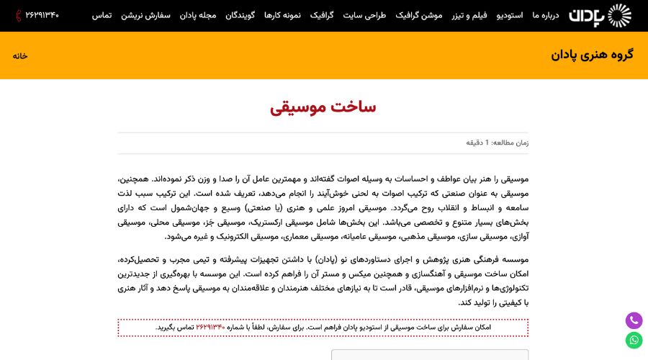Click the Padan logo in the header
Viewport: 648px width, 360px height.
[600, 15]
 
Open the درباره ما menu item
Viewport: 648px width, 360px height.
[546, 15]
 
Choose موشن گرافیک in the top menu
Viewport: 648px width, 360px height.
[419, 15]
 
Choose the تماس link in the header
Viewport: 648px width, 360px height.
[102, 15]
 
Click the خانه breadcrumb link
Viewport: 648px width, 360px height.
[20, 55]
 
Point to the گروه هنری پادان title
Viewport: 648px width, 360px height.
[592, 55]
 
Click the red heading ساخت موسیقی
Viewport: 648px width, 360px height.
[323, 107]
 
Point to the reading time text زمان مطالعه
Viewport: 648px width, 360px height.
[497, 143]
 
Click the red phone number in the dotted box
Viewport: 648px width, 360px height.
[211, 328]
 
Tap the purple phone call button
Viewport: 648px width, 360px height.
[634, 320]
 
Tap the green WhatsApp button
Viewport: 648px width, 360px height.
[634, 341]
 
